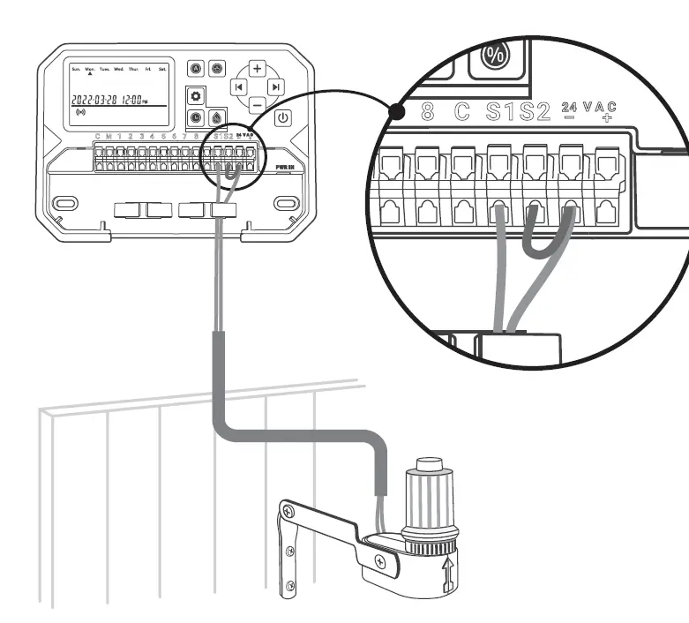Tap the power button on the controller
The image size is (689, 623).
pos(282,117)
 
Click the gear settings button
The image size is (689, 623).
pos(196,95)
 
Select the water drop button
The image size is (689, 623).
pos(217,116)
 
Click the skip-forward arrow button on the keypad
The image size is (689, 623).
pos(276,86)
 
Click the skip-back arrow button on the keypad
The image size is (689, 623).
pos(237,86)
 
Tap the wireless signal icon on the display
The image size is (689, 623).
pos(82,114)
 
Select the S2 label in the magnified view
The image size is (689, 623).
pos(535,112)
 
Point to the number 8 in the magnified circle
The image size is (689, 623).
pos(428,112)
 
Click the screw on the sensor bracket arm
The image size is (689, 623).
pos(379,561)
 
